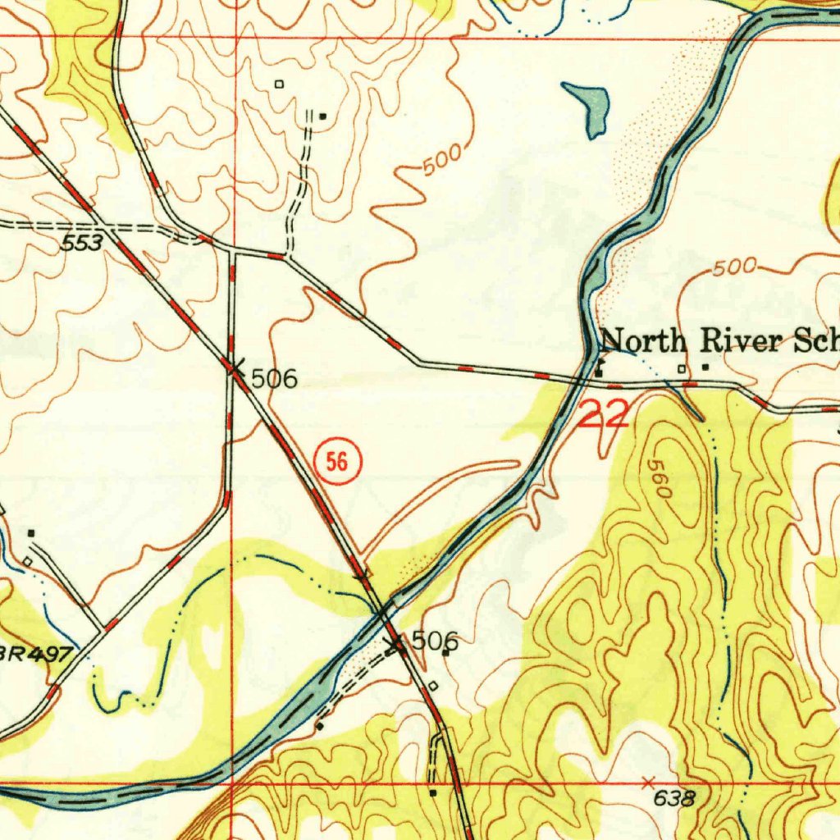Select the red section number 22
(604, 413)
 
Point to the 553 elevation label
(84, 243)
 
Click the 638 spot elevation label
(675, 798)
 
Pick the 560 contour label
(660, 479)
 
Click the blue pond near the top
(589, 106)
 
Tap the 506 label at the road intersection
(274, 379)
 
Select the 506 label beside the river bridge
(434, 641)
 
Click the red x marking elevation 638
(648, 780)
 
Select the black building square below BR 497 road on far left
(31, 533)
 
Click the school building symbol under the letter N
(600, 368)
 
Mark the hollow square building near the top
(279, 84)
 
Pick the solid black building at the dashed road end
(322, 116)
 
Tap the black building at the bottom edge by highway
(433, 792)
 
